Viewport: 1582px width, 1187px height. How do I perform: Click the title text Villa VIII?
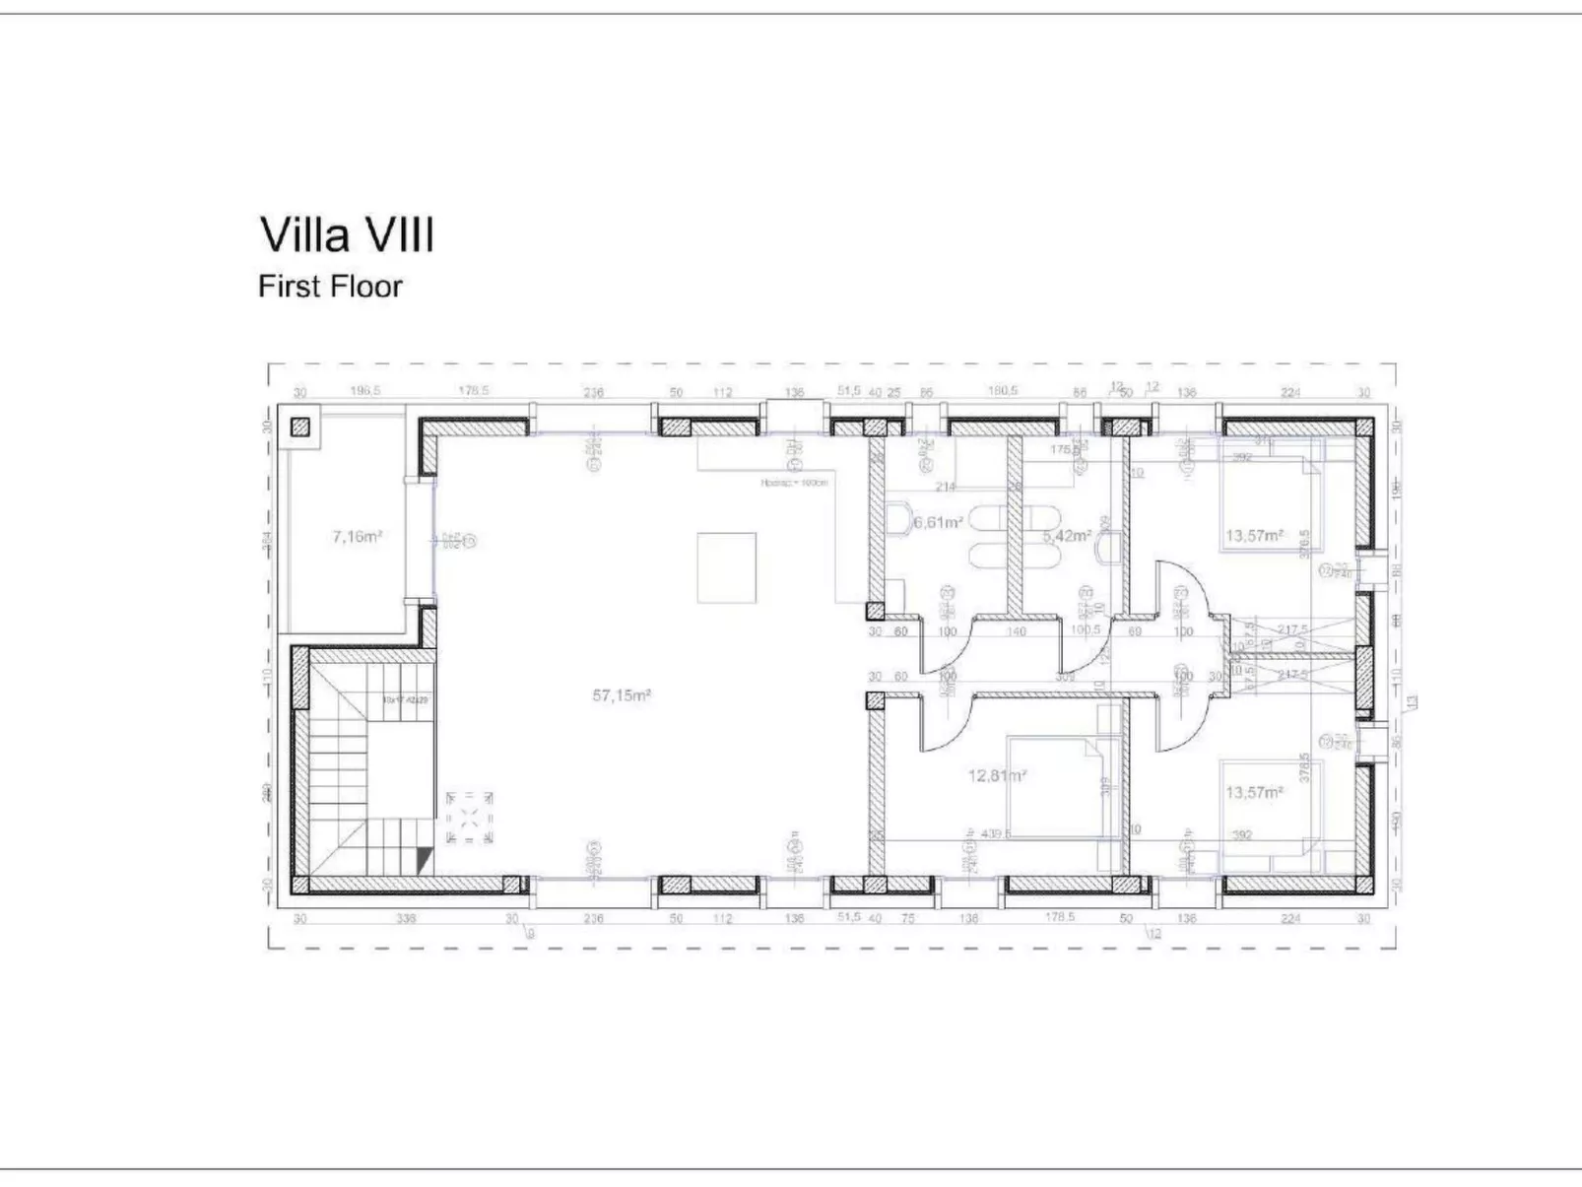346,235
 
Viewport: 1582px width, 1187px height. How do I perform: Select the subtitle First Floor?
330,287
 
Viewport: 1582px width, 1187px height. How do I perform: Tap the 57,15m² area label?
621,695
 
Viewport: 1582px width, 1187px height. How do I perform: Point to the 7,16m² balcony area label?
357,537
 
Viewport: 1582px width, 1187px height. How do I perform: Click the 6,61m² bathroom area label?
937,523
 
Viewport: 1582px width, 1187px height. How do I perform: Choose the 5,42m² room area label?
1067,536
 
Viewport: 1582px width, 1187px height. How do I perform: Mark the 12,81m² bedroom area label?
997,776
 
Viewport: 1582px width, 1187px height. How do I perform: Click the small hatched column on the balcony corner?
300,428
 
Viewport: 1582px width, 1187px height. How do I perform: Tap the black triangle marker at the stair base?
425,859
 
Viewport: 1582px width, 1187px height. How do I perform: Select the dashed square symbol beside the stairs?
470,817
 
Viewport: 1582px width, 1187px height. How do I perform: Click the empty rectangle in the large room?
727,567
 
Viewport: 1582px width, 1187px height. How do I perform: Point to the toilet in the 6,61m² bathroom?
899,519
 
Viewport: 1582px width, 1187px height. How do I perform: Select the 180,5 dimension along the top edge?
1002,391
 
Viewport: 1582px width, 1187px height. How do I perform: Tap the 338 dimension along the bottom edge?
406,918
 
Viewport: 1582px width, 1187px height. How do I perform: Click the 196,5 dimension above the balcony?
364,391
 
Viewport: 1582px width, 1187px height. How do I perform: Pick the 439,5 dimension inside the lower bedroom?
991,833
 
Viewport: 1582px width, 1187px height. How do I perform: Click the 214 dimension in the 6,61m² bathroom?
945,486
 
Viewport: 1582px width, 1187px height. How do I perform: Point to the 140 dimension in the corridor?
1016,631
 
